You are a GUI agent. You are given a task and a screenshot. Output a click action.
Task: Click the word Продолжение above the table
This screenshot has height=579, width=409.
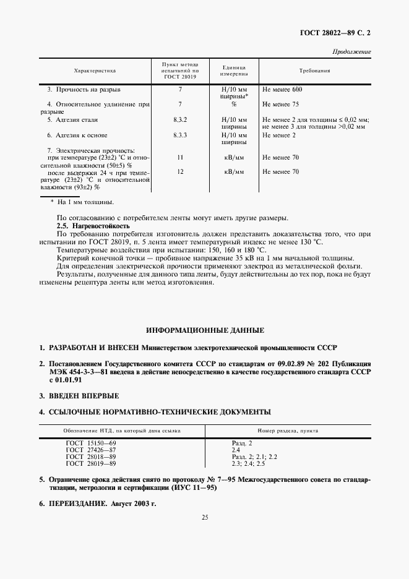point(351,51)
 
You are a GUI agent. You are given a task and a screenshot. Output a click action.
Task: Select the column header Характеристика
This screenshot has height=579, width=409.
point(95,71)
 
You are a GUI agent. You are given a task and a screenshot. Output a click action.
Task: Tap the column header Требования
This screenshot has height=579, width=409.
point(314,71)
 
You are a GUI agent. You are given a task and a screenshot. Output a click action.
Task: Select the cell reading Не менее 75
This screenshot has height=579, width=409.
point(280,104)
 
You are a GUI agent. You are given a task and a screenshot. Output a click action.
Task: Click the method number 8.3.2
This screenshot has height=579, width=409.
point(180,119)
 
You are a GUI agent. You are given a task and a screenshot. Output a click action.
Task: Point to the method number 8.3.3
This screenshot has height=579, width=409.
point(180,135)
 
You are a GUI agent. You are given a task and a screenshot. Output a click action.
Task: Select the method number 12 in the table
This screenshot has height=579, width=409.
point(180,171)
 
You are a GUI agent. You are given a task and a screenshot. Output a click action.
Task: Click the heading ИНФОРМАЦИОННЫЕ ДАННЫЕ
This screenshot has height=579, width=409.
point(205,330)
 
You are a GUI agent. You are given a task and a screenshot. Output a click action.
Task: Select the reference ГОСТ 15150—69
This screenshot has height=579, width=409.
point(90,443)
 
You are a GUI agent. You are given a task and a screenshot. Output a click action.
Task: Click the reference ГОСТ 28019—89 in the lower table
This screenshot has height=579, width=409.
point(90,463)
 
